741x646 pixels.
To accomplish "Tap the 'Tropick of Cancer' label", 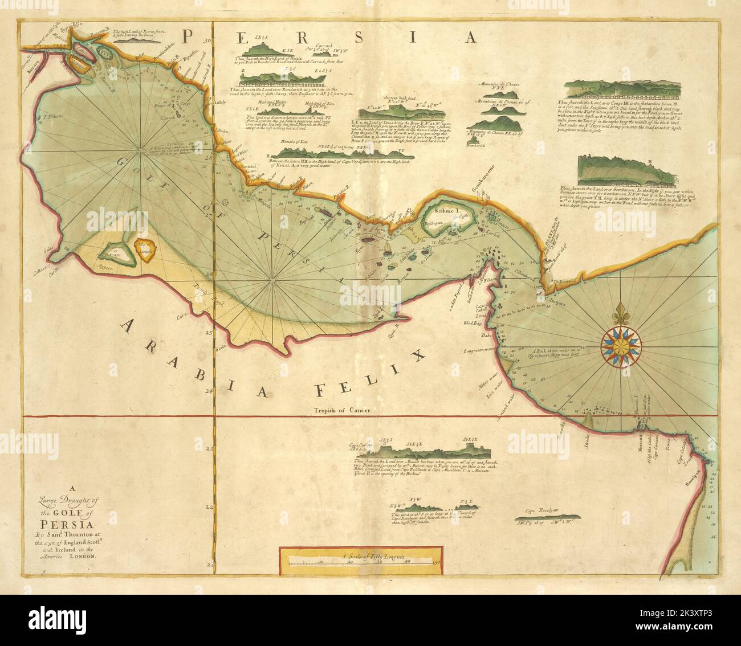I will [x=342, y=410].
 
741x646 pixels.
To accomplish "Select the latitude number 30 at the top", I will [x=207, y=41].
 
